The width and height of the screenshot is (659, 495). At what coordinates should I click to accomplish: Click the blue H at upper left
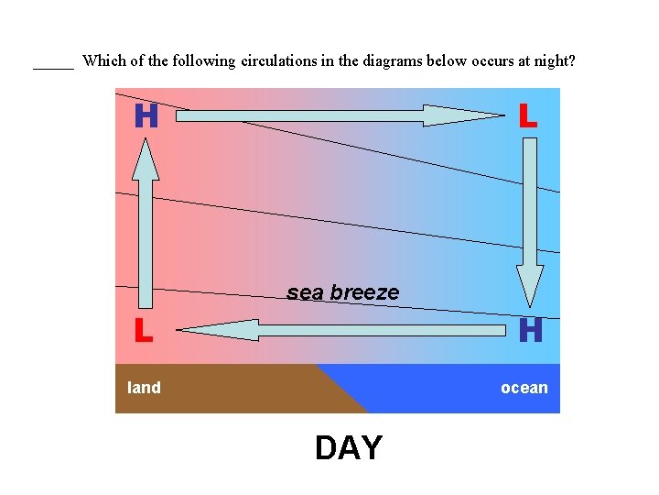point(146,116)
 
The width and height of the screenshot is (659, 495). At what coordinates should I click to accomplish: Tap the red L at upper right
point(528,116)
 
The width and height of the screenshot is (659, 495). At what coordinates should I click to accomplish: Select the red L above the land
point(143,330)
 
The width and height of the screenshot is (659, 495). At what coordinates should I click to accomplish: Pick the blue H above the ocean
point(530,330)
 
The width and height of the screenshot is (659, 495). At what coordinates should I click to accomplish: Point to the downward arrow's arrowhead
point(530,285)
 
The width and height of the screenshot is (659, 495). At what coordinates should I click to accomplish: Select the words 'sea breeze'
point(343,292)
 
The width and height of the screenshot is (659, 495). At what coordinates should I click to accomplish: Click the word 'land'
point(144,388)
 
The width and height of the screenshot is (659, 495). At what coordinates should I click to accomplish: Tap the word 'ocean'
point(524,388)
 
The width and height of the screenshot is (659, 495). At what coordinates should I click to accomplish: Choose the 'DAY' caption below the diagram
point(349,448)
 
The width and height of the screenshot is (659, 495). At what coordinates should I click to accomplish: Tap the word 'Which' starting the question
point(102,61)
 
